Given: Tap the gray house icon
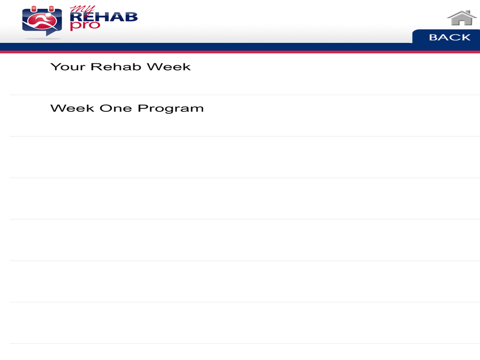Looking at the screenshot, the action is point(462,18).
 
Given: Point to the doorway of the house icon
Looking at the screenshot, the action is point(462,23).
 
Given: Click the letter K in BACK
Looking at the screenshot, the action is point(465,37).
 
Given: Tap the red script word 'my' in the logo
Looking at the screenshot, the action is point(82,10).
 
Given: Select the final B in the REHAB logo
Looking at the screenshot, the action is point(132,17).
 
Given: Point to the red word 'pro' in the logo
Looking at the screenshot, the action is point(85,26).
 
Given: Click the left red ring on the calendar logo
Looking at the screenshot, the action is point(34,9).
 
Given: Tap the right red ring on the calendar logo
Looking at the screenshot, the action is point(51,9).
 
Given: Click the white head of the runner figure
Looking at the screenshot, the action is point(48,15).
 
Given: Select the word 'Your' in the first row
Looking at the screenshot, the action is point(68,67).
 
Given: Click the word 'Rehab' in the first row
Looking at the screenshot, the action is point(116,67).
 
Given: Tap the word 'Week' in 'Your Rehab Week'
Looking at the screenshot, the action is point(168,67).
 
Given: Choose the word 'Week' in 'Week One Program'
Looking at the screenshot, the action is point(72,108).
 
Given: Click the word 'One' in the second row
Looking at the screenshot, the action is point(116,108).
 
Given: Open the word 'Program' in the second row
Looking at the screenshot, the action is point(170,109).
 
